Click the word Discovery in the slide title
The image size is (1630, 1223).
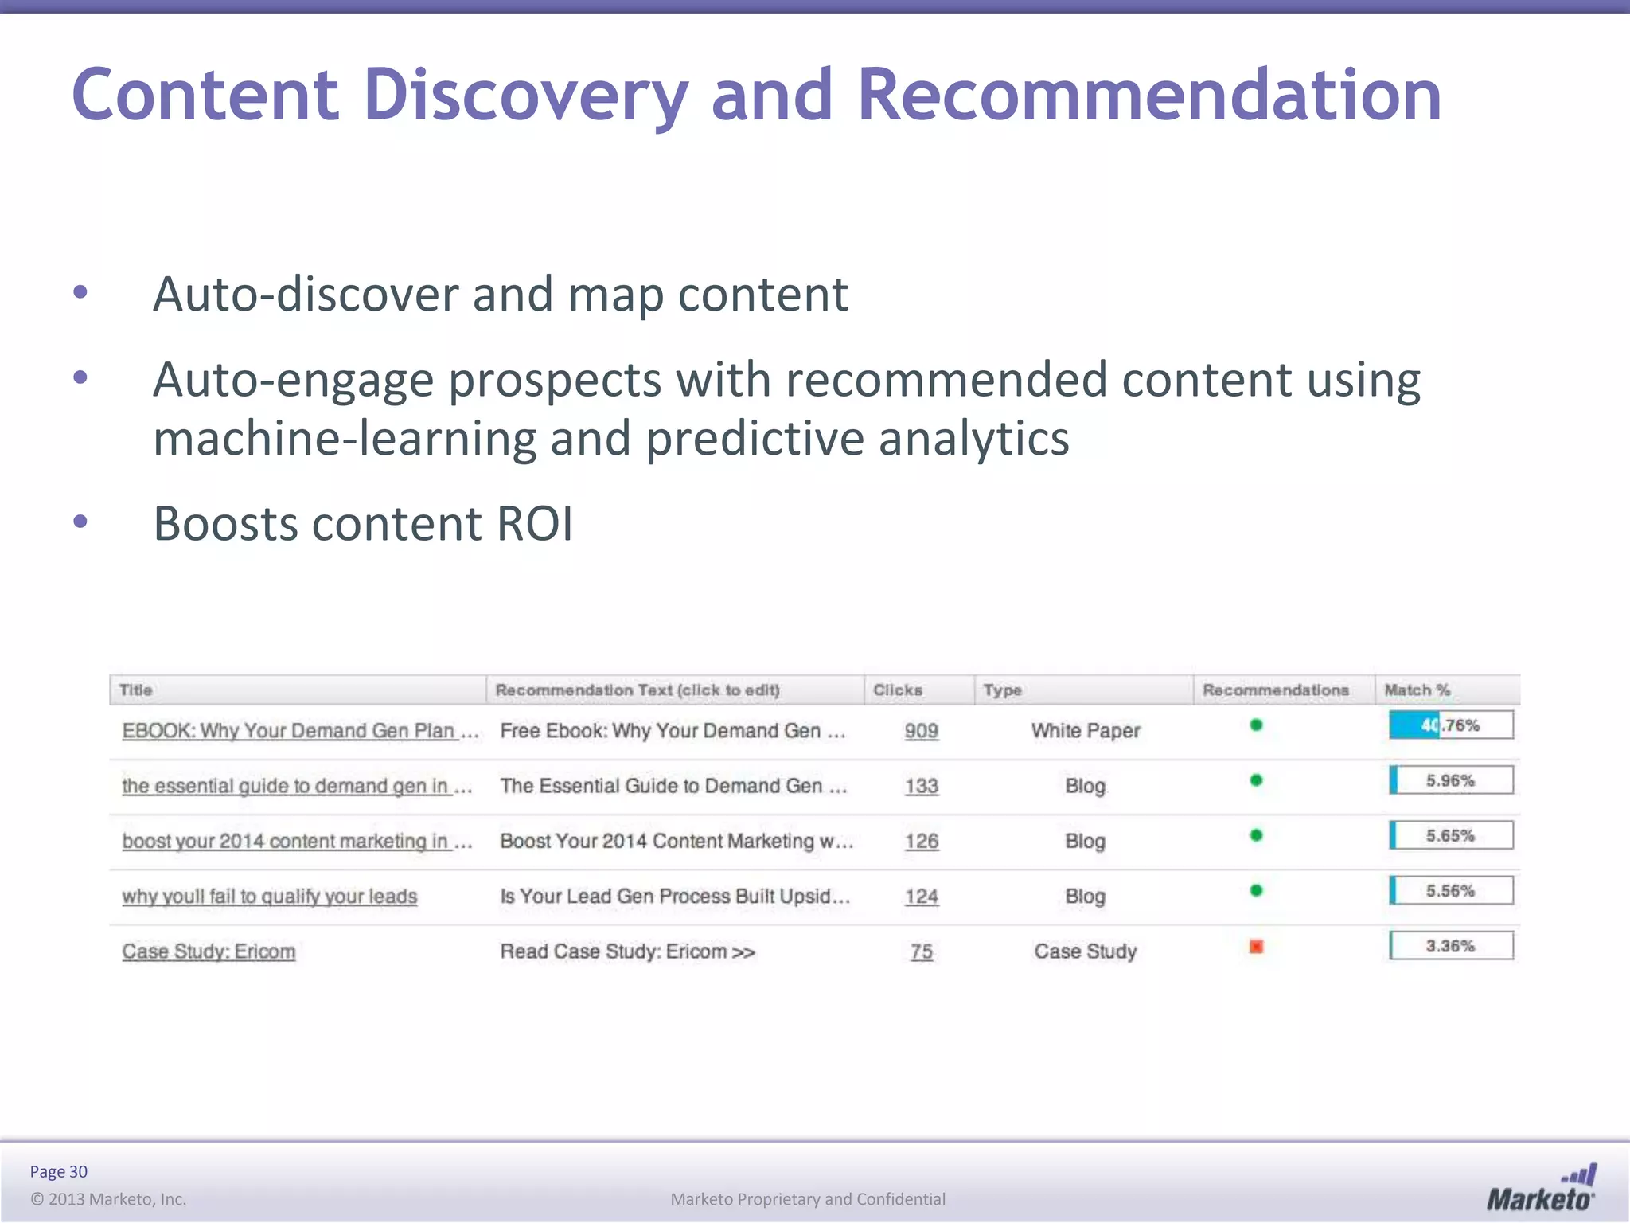(x=525, y=96)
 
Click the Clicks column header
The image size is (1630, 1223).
(x=898, y=690)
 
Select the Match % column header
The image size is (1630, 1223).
(x=1417, y=690)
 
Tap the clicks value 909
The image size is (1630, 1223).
(x=922, y=731)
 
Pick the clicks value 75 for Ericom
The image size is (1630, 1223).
(x=922, y=951)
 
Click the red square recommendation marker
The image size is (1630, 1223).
(x=1257, y=947)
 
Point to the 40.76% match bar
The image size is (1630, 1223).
(x=1451, y=725)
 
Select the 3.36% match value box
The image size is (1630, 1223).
(x=1451, y=946)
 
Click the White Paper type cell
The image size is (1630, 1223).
(x=1086, y=731)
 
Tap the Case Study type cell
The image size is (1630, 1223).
(x=1086, y=951)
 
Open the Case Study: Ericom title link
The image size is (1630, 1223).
(x=209, y=951)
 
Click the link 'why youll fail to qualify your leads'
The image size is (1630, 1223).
(x=270, y=897)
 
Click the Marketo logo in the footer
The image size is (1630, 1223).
(x=1541, y=1189)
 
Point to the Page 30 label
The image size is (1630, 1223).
(x=59, y=1171)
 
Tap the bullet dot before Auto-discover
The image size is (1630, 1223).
(x=80, y=293)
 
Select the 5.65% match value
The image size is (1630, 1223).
(x=1451, y=836)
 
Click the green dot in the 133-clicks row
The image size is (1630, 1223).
(x=1257, y=780)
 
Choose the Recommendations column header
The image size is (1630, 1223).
(x=1276, y=690)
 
